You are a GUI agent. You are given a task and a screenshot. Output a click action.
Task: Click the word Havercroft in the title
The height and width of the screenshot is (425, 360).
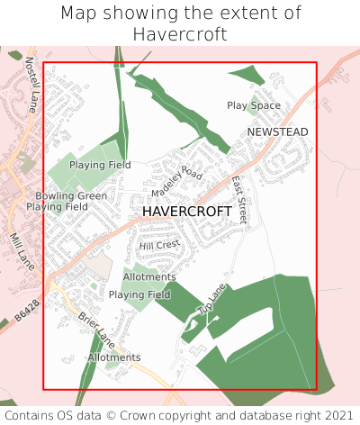180,34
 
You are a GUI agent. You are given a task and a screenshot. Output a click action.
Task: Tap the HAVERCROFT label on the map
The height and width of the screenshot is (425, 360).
187,212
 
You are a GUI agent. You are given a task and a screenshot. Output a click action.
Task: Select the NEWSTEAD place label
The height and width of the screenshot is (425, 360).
277,132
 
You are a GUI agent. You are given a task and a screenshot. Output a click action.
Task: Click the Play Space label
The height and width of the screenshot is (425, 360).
254,106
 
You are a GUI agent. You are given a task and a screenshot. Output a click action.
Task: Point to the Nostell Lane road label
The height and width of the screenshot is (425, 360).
31,78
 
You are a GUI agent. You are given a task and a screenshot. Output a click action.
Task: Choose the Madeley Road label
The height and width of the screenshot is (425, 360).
177,182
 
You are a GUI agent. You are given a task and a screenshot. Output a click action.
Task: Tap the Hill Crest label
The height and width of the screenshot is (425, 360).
160,245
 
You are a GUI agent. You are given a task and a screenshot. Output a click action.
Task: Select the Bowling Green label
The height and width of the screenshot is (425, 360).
71,195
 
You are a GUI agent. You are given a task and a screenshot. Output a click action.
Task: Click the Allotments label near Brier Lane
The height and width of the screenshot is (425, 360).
114,357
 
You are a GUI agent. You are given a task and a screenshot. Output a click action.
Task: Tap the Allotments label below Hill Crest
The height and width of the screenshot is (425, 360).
149,276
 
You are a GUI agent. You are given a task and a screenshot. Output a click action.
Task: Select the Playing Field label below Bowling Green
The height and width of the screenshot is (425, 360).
57,207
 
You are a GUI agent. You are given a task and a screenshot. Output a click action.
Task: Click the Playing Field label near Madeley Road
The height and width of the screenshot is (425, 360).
100,165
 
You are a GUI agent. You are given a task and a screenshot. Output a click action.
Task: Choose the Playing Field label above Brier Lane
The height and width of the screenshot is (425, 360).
139,294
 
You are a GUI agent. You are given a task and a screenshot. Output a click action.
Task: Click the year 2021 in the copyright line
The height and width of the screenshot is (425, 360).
337,415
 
